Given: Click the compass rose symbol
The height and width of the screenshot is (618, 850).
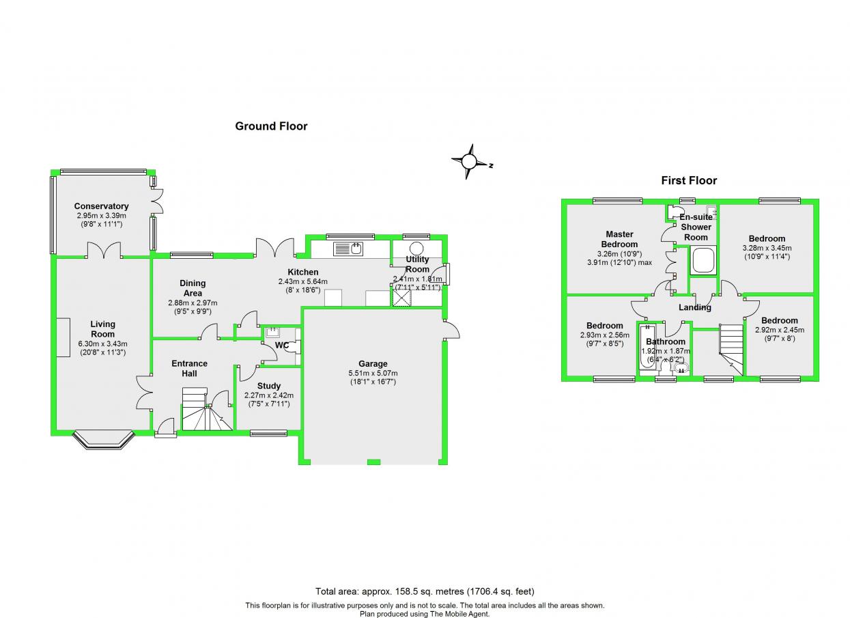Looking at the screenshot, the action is pyautogui.click(x=469, y=162).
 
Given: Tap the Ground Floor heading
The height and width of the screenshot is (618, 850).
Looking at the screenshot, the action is pyautogui.click(x=271, y=126).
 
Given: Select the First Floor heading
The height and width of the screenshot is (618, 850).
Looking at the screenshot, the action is pyautogui.click(x=689, y=181).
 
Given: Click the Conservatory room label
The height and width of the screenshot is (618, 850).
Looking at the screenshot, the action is pyautogui.click(x=101, y=206).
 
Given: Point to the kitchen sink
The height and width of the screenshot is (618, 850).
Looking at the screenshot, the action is pyautogui.click(x=350, y=249).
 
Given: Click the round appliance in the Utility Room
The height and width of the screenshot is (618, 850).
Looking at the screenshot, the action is pyautogui.click(x=416, y=249).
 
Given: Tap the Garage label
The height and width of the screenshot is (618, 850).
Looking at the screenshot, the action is pyautogui.click(x=373, y=364).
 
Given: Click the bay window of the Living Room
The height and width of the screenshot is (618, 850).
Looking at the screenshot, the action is pyautogui.click(x=102, y=440).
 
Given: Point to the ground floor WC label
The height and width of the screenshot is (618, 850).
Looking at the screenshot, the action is pyautogui.click(x=282, y=346).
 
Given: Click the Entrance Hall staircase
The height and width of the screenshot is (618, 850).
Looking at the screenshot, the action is pyautogui.click(x=206, y=410).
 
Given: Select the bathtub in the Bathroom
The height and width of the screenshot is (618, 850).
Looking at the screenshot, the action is pyautogui.click(x=645, y=350).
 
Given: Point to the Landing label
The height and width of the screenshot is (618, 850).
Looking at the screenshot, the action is pyautogui.click(x=695, y=307).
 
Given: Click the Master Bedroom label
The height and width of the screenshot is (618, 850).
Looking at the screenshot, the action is pyautogui.click(x=619, y=239).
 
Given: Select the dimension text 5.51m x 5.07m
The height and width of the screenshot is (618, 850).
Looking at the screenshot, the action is pyautogui.click(x=373, y=373).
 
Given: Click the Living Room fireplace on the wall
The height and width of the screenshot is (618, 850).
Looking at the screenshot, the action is pyautogui.click(x=63, y=337).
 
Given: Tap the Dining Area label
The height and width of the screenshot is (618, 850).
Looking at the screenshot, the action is pyautogui.click(x=193, y=288).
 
